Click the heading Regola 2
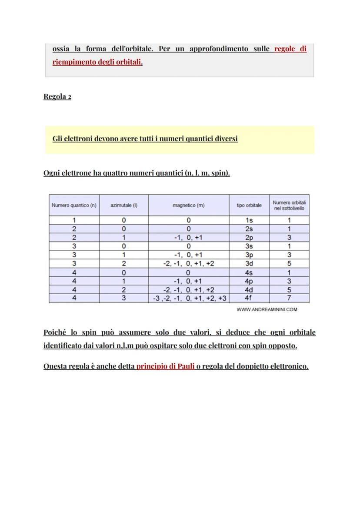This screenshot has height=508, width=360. [57, 96]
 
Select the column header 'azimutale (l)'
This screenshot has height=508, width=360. [124, 205]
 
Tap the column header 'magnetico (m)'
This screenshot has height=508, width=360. [188, 205]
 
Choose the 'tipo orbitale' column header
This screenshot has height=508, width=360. [249, 205]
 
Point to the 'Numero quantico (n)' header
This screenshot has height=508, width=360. [74, 205]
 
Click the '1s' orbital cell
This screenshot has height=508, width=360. [249, 220]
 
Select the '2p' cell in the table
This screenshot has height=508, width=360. [249, 238]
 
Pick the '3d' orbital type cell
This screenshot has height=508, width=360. [249, 264]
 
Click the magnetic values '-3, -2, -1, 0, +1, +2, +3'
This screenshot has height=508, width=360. [190, 299]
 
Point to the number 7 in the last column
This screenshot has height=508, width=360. [289, 298]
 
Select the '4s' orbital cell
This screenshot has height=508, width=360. [249, 272]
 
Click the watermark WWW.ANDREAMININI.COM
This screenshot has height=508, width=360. [267, 310]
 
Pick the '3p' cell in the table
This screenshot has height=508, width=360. [249, 255]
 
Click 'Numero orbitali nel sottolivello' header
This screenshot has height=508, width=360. [289, 205]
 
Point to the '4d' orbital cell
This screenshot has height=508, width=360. [249, 290]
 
